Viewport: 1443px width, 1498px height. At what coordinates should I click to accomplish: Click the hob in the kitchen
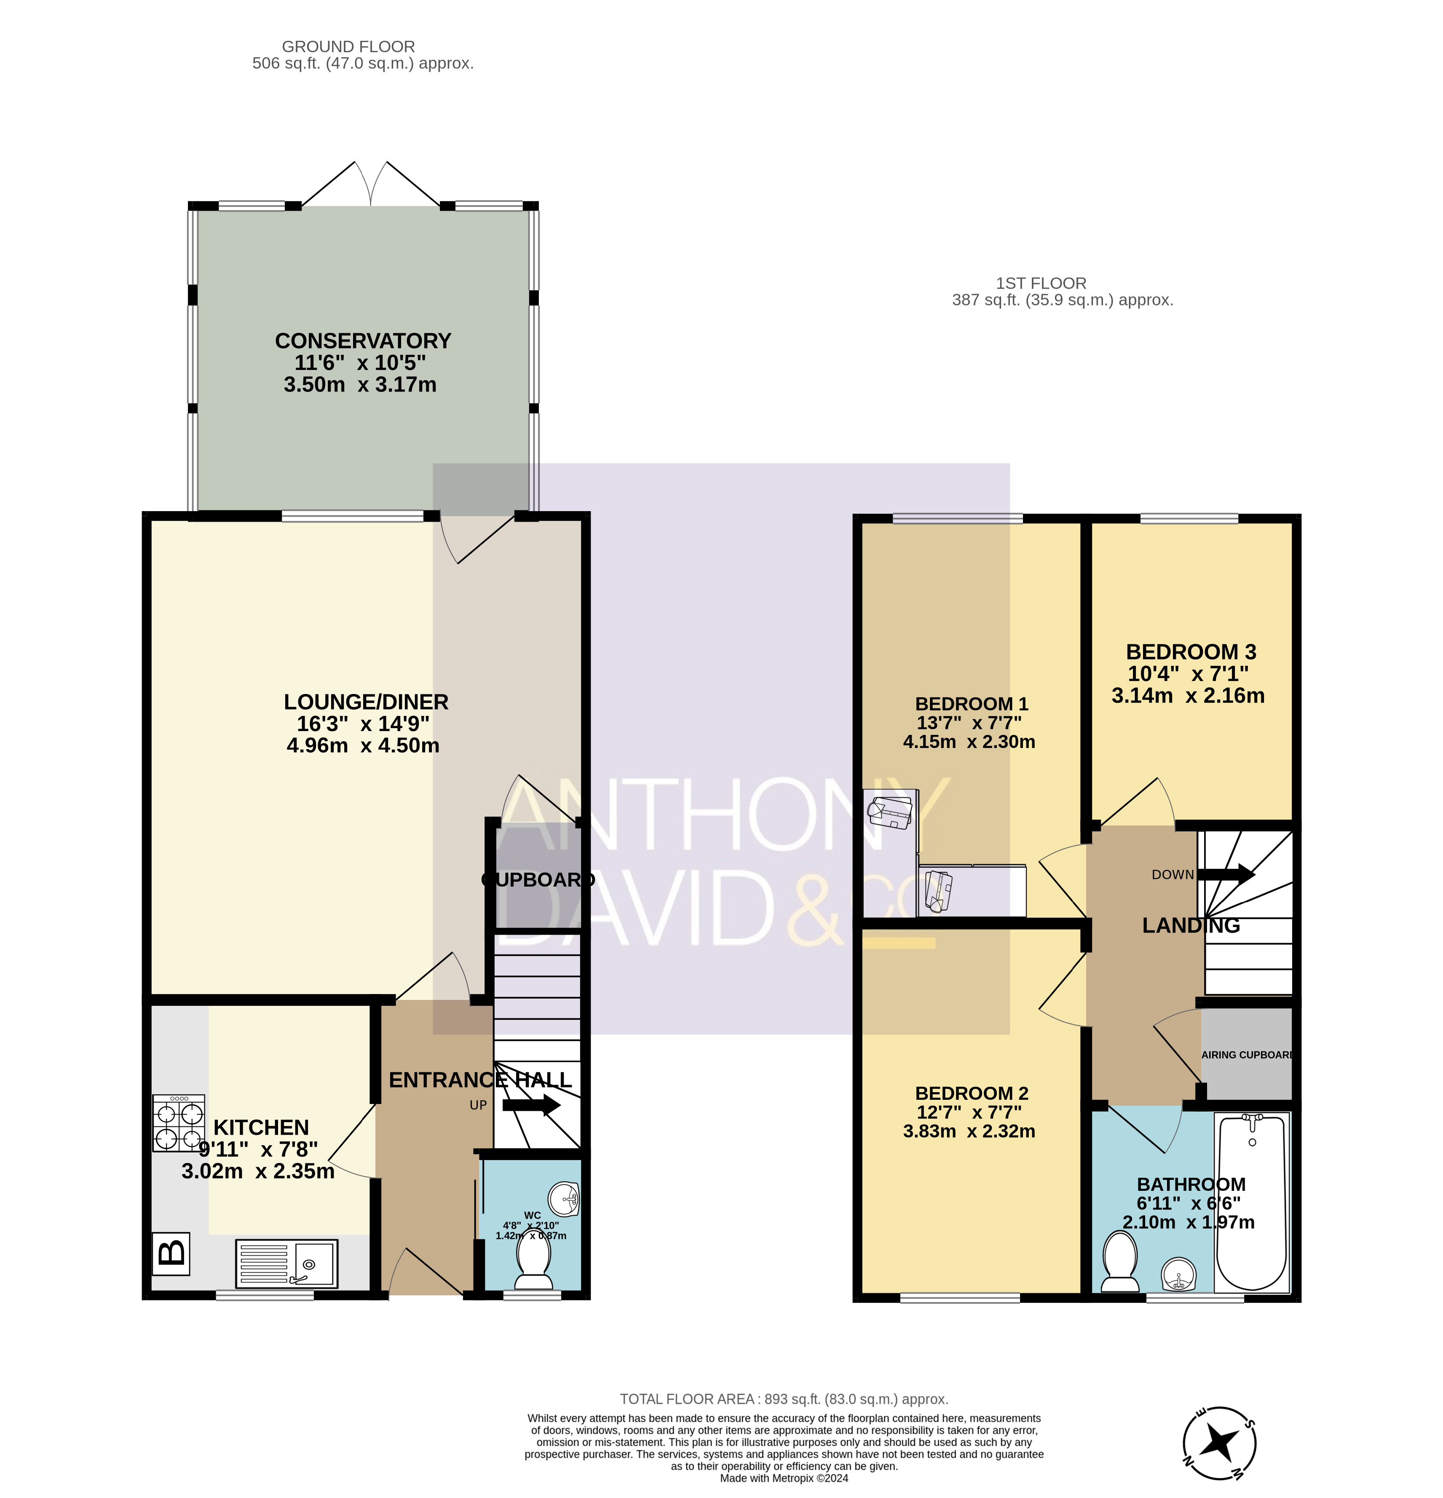(x=179, y=1123)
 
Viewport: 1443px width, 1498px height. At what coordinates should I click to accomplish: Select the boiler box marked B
(x=171, y=1254)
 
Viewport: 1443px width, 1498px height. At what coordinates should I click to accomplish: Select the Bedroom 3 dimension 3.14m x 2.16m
(x=1188, y=696)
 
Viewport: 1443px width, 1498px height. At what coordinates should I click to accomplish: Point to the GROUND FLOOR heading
(x=348, y=47)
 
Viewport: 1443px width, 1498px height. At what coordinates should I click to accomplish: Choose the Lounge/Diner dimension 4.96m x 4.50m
(x=363, y=745)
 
